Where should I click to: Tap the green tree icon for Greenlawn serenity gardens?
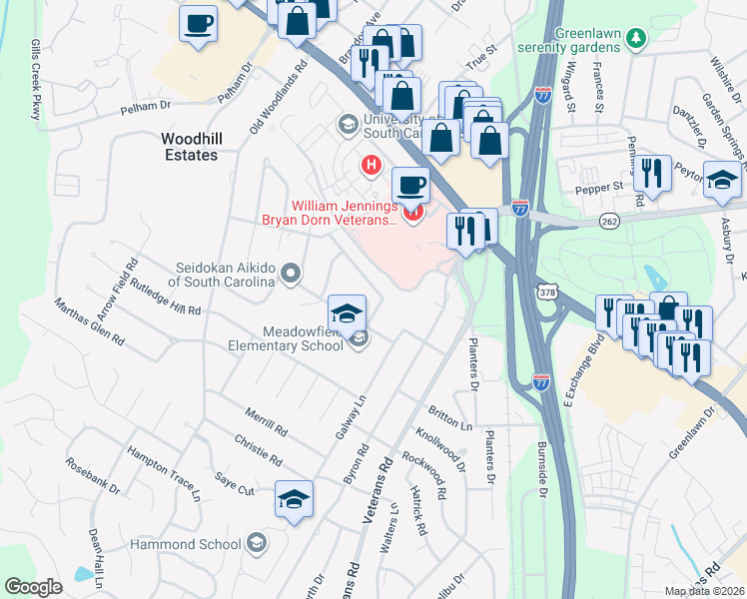click(x=635, y=37)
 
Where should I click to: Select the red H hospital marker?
click(x=372, y=164)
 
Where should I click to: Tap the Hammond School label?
click(x=187, y=544)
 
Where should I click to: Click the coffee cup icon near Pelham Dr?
click(x=198, y=23)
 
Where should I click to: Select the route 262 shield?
click(x=610, y=220)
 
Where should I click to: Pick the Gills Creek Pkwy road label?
click(x=36, y=81)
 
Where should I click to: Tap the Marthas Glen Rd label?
click(x=89, y=322)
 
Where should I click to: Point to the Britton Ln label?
click(x=449, y=418)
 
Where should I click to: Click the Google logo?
click(x=33, y=586)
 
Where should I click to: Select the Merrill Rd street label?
click(x=266, y=422)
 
